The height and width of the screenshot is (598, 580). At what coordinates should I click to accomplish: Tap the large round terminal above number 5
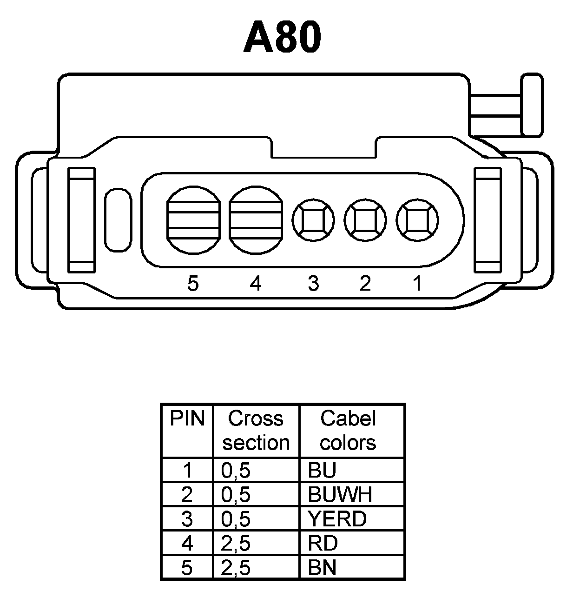[193, 220]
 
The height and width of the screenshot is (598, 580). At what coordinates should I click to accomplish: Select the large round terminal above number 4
[256, 220]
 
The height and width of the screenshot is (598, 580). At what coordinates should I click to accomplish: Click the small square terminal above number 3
[313, 220]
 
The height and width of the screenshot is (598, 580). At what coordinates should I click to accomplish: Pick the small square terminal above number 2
[365, 220]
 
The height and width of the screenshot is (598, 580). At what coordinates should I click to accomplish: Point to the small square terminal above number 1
[417, 220]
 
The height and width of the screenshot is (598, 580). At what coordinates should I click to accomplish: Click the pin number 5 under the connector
[193, 283]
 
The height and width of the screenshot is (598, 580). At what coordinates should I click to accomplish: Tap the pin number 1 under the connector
[417, 283]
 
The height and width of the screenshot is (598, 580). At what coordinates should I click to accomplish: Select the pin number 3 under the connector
[314, 283]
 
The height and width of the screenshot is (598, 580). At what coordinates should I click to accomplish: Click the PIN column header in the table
[187, 419]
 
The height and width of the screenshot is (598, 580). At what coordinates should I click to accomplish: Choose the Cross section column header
[256, 431]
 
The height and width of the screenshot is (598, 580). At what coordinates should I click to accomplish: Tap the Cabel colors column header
[348, 431]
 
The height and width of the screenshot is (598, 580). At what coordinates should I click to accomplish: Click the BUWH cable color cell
[340, 495]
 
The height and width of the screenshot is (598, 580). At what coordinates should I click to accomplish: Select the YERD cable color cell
[337, 519]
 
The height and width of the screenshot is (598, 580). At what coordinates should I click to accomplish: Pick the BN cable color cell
[322, 568]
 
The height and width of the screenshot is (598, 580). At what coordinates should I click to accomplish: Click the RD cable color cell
[323, 543]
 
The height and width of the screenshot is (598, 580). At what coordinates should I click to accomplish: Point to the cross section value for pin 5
[236, 568]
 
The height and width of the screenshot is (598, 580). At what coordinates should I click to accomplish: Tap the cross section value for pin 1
[236, 471]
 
